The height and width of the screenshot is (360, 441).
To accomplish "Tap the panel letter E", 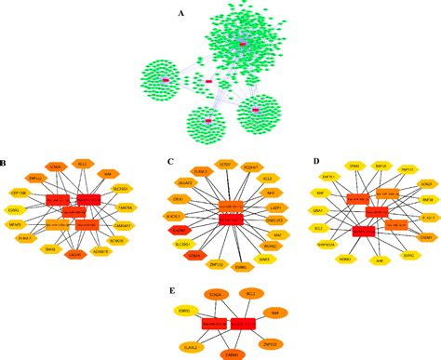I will [173, 288].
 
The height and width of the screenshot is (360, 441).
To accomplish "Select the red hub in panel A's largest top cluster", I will [242, 44].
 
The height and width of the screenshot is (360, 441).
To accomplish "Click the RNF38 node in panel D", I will [427, 200].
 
